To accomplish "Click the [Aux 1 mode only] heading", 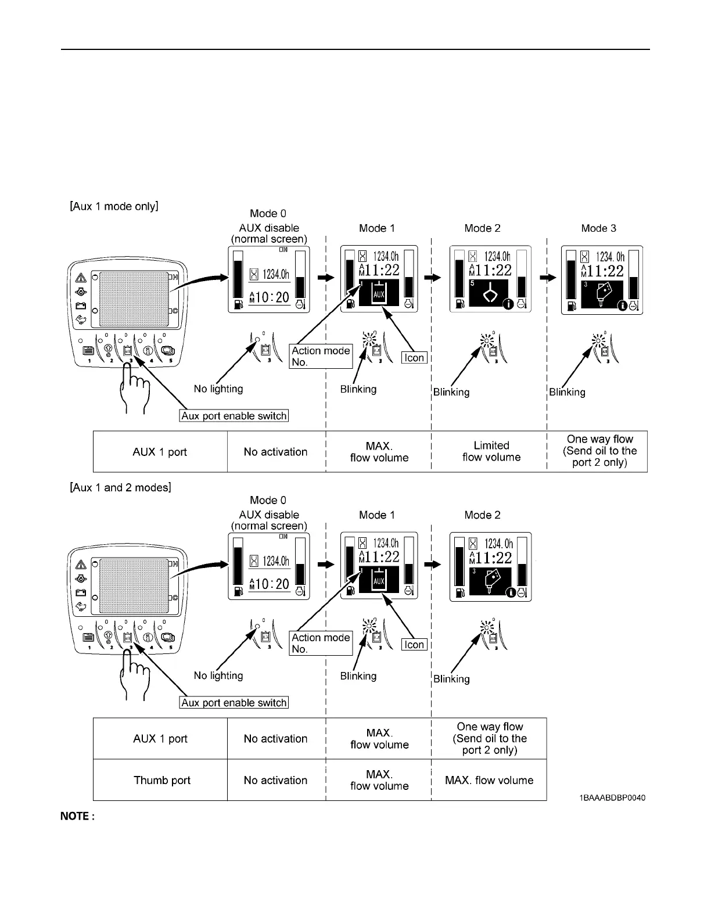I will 114,206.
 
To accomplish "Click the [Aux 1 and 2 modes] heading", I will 120,487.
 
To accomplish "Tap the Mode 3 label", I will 598,228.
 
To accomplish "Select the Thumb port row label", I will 162,780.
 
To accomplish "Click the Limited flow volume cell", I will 491,451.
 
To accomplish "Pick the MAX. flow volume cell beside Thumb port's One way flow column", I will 489,780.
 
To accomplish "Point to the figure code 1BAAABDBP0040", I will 612,797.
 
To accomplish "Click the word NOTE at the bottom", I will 77,817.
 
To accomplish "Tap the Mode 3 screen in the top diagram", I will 602,280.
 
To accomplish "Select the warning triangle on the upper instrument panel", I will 80,278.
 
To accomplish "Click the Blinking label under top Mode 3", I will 567,392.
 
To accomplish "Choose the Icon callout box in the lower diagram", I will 414,644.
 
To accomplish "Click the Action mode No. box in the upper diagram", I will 321,356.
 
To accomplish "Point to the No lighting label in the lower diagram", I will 218,675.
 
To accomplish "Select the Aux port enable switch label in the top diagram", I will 234,416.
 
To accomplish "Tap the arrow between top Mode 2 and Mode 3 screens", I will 548,278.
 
